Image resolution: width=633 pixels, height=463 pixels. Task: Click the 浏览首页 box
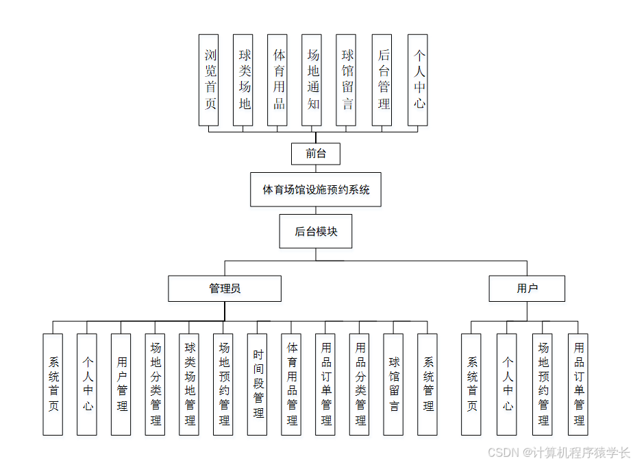(209, 80)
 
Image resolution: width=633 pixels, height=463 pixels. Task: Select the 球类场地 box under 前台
(243, 80)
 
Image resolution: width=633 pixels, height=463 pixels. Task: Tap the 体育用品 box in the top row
(277, 80)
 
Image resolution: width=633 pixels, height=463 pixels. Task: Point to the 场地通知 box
(312, 80)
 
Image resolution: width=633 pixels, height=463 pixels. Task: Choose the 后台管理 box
(382, 80)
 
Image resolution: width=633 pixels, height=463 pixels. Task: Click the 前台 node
(316, 154)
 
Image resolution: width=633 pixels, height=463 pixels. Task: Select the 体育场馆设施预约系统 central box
(316, 189)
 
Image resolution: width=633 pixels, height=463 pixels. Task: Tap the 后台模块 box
(316, 232)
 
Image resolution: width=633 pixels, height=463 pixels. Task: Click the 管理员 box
(225, 289)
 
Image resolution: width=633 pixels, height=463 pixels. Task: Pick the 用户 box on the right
(527, 289)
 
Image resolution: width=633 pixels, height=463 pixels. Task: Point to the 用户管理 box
(121, 384)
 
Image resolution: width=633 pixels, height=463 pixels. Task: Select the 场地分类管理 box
(156, 384)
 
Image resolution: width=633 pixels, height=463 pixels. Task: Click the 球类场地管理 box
(189, 384)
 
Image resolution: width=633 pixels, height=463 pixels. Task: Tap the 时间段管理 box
(258, 384)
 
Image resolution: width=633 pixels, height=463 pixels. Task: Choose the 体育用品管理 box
(292, 384)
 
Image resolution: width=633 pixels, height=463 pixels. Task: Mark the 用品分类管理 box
(360, 384)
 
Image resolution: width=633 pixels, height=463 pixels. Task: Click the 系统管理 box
(427, 384)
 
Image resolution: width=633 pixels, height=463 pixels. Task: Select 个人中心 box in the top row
(418, 80)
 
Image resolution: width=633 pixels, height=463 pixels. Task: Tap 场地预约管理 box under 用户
(543, 384)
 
